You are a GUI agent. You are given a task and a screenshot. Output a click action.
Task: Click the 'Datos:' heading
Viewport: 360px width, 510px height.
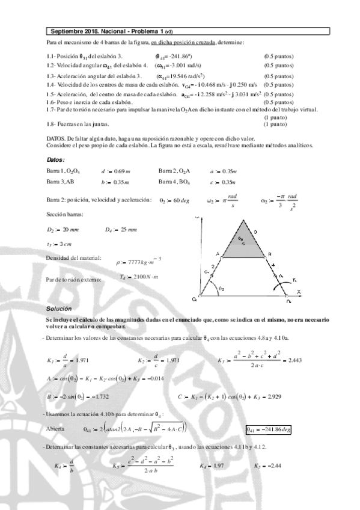coord(56,159)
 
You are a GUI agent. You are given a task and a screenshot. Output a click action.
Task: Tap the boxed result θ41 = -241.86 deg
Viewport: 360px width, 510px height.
coord(269,429)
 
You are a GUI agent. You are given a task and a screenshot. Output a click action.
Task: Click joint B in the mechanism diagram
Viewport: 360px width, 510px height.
coord(270,254)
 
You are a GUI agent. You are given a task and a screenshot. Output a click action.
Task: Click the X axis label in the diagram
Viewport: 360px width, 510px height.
coord(297,291)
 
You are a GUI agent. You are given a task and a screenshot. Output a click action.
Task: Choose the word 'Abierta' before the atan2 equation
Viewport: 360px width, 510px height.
coord(57,429)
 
